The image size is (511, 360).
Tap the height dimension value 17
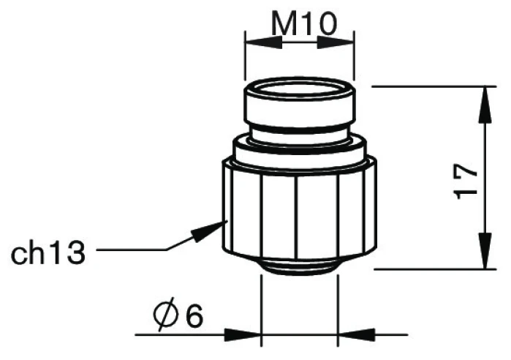pos(466,181)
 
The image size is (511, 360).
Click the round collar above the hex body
pos(300,151)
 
